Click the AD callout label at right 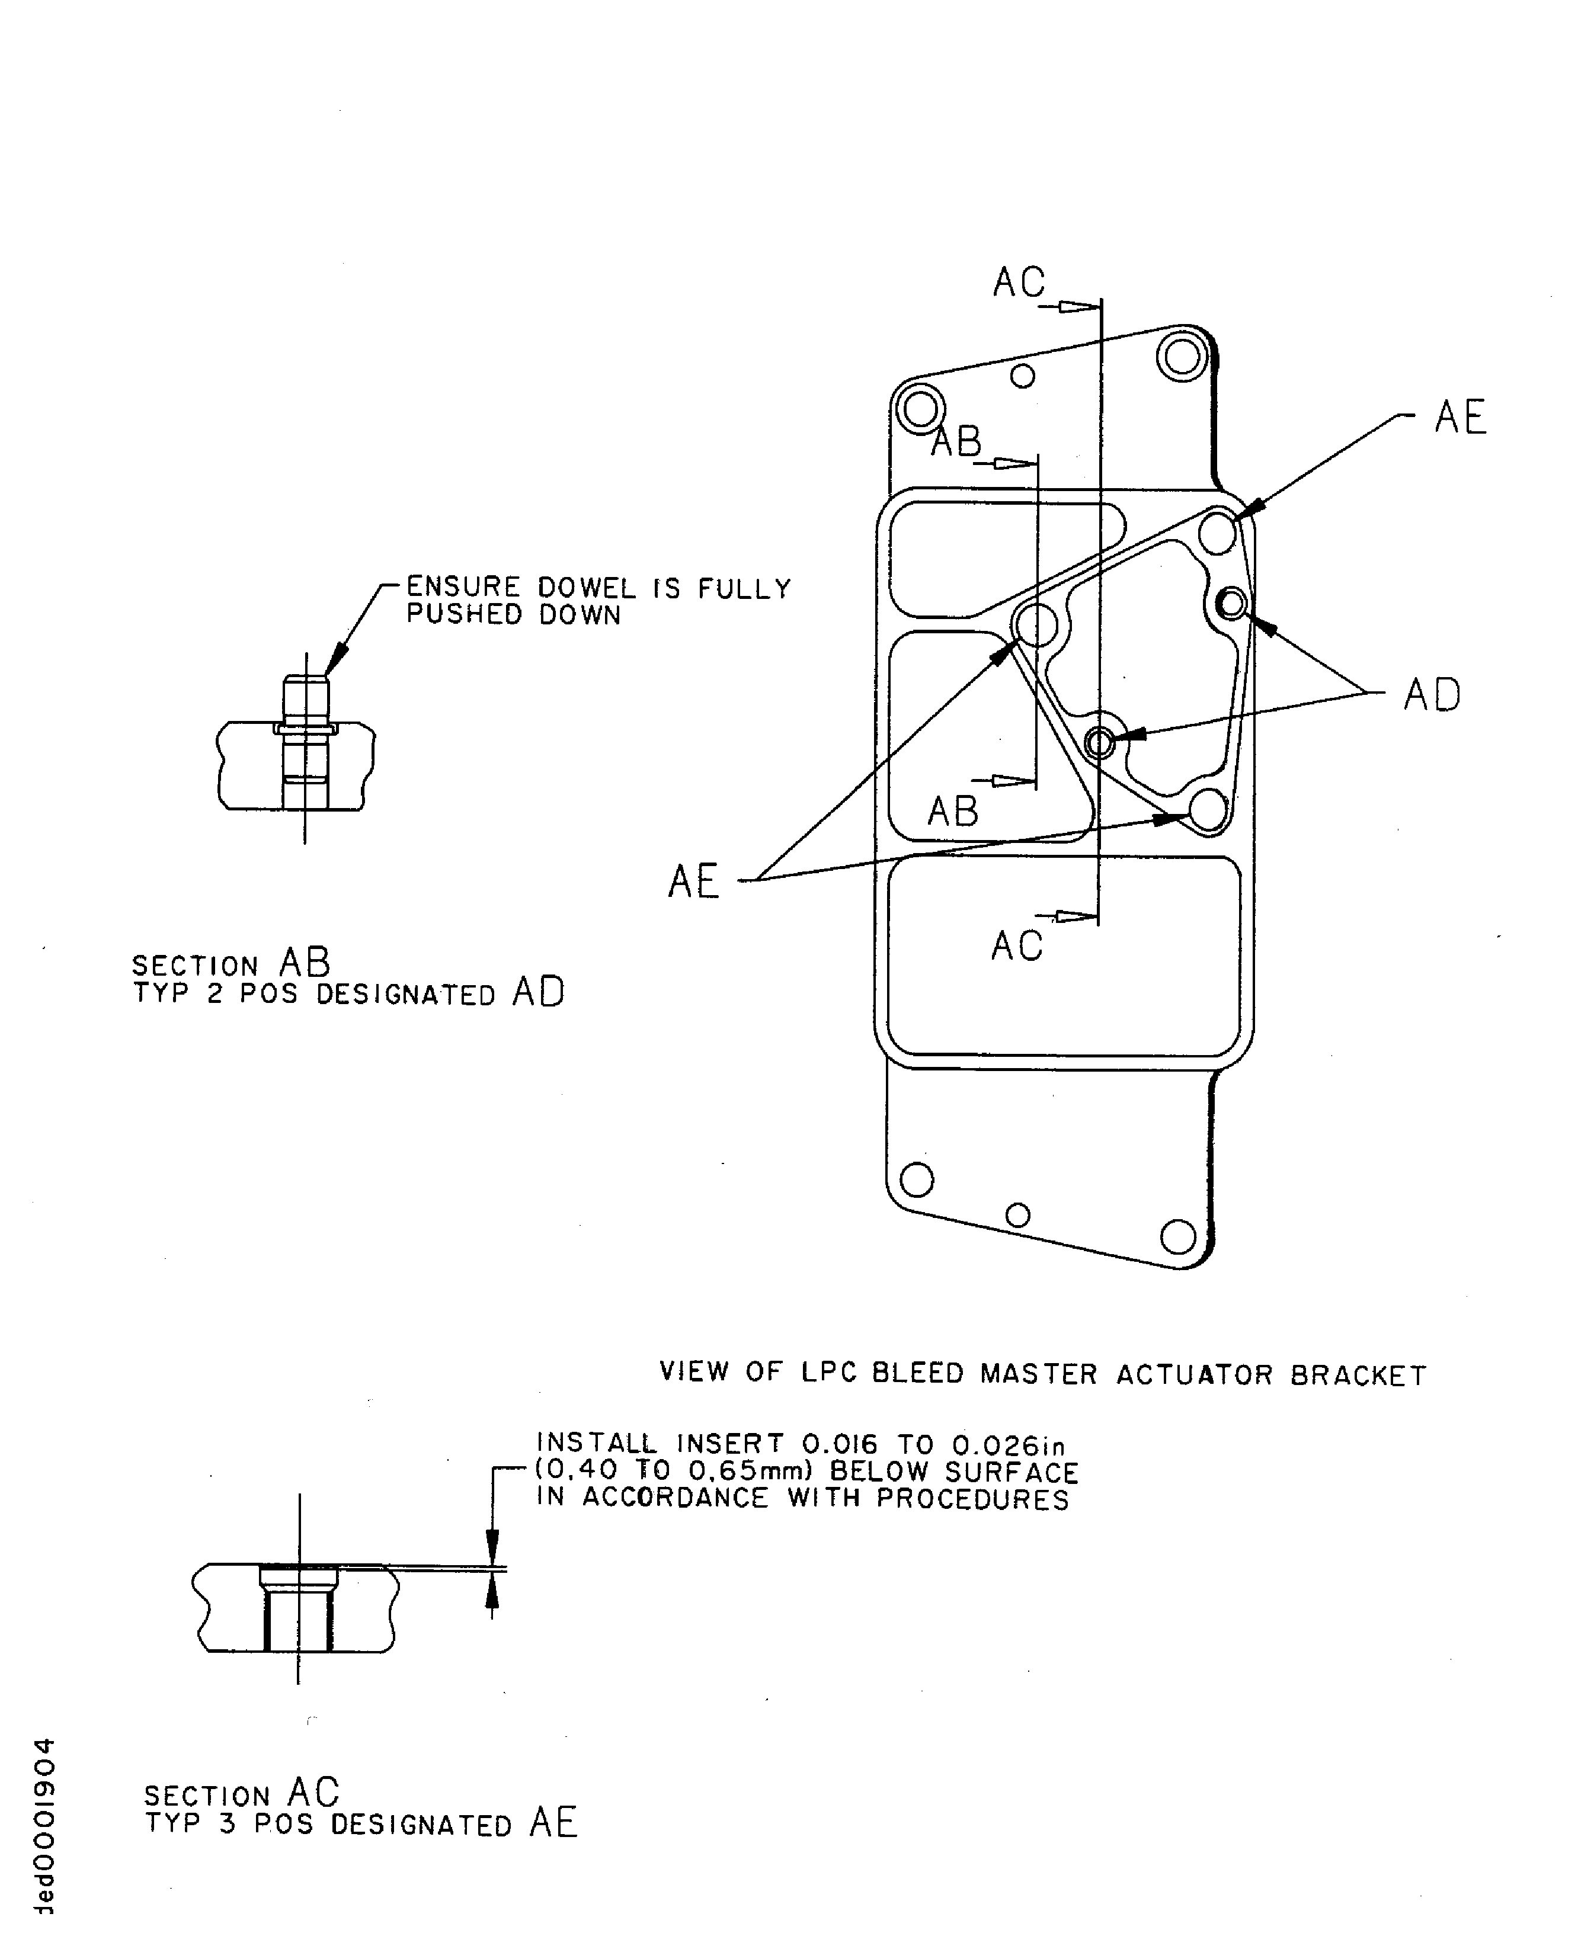tap(1432, 696)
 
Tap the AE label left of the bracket tap(693, 881)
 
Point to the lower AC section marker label tap(1016, 946)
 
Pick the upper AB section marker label tap(957, 442)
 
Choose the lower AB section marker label tap(953, 812)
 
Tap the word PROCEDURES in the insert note tap(972, 1499)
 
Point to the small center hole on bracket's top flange tap(1023, 376)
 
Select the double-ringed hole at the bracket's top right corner tap(1181, 356)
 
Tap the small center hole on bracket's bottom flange tap(1018, 1215)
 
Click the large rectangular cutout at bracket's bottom tap(1064, 956)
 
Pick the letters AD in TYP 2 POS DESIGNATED tap(538, 992)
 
